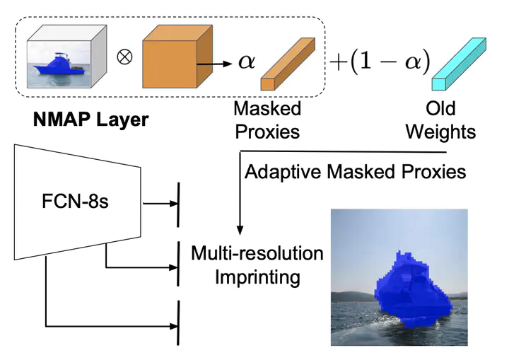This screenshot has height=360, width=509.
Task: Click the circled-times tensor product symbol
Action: (124, 57)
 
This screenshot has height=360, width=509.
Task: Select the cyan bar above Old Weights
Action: (459, 64)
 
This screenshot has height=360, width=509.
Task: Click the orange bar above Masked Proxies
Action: (288, 64)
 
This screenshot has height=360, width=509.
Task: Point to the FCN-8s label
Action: (75, 201)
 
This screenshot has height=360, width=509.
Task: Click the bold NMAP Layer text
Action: (91, 120)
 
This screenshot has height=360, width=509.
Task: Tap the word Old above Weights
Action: (440, 108)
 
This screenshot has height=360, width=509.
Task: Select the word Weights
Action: (440, 132)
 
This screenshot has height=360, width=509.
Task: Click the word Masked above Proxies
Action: (267, 108)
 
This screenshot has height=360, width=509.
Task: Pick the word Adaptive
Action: (283, 172)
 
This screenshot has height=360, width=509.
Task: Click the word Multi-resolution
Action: (257, 253)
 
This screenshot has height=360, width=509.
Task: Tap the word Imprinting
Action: (257, 277)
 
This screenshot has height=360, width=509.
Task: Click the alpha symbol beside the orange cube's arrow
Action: (247, 62)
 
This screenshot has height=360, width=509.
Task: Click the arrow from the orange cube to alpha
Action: (214, 64)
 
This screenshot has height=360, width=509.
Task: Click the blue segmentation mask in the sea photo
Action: (411, 289)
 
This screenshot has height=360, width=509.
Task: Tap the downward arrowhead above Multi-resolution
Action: (240, 230)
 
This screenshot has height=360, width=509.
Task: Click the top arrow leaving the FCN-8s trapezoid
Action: (160, 204)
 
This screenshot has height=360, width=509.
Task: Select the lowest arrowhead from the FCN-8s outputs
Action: (174, 326)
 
